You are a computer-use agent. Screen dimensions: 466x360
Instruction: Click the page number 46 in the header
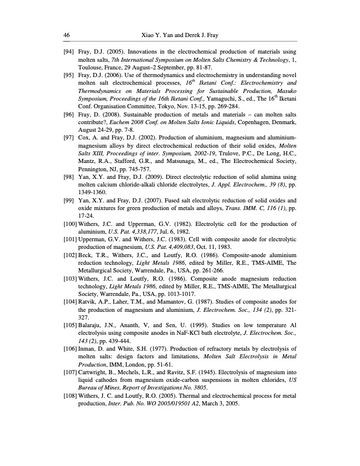tap(66, 35)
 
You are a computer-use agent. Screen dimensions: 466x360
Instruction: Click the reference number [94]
tap(68, 52)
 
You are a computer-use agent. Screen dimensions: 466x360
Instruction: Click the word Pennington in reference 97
tap(94, 175)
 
